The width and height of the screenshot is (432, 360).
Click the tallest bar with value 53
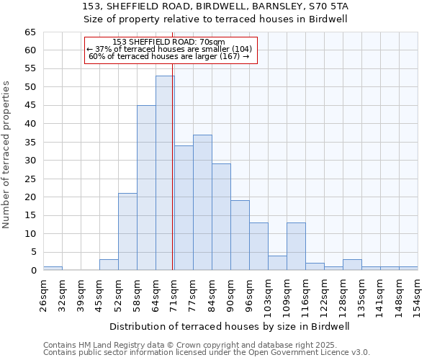165,173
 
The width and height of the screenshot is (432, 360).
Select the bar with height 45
146,188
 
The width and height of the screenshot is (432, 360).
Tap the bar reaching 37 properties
202,202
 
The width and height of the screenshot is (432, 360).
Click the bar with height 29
221,217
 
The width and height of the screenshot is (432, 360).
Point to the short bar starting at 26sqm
53,269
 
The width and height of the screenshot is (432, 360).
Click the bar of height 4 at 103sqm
277,263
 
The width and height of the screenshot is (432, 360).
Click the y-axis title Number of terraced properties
6,155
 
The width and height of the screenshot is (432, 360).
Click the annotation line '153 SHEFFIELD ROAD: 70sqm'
168,42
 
